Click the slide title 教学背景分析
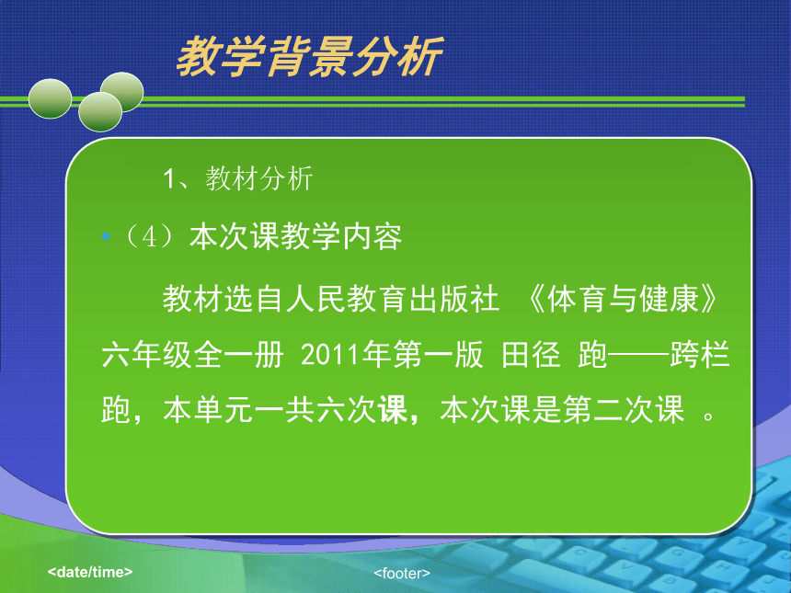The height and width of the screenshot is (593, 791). pyautogui.click(x=310, y=57)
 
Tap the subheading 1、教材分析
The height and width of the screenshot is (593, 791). pyautogui.click(x=237, y=178)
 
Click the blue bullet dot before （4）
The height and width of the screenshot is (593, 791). pyautogui.click(x=106, y=236)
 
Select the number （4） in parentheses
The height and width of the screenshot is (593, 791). pyautogui.click(x=149, y=236)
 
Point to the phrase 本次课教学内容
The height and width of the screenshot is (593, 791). pyautogui.click(x=295, y=236)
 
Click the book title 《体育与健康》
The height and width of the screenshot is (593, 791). pyautogui.click(x=622, y=299)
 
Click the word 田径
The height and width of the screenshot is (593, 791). pyautogui.click(x=531, y=355)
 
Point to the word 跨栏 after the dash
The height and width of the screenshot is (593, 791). pyautogui.click(x=700, y=355)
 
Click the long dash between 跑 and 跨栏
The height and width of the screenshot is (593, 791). pyautogui.click(x=638, y=355)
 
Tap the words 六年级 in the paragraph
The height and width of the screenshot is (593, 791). pyautogui.click(x=147, y=355)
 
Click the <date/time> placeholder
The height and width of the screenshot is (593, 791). pyautogui.click(x=90, y=572)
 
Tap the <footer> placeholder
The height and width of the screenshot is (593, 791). pyautogui.click(x=402, y=574)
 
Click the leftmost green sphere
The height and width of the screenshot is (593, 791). pyautogui.click(x=50, y=99)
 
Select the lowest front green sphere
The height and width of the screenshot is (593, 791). pyautogui.click(x=100, y=111)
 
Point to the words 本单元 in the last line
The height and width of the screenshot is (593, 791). pyautogui.click(x=208, y=409)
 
